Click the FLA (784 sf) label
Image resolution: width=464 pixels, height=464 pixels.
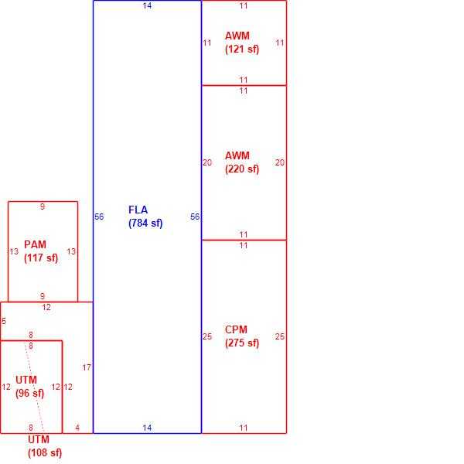[x=145, y=217]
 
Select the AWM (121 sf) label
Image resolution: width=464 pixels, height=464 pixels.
[x=242, y=43]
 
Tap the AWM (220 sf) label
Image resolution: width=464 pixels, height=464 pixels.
[x=242, y=162]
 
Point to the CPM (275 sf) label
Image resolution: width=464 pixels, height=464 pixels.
[x=242, y=336]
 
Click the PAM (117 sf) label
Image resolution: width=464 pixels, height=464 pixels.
[x=41, y=251]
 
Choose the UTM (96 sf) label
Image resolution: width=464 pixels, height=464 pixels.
[x=29, y=387]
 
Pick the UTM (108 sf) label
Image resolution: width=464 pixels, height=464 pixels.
[x=45, y=446]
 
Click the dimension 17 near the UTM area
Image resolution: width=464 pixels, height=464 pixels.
[x=87, y=367]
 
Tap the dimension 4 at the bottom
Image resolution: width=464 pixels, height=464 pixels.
[x=77, y=428]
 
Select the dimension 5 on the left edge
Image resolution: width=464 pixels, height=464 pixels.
[x=4, y=321]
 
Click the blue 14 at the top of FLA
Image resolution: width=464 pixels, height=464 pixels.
[x=147, y=5]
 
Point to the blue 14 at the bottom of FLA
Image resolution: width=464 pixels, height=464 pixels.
[x=147, y=428]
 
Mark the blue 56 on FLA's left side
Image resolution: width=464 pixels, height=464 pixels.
[x=99, y=217]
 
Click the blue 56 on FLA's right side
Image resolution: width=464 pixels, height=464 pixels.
[x=195, y=217]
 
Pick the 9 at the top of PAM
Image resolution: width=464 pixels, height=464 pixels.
[x=43, y=206]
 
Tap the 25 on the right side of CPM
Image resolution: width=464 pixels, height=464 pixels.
[x=280, y=336]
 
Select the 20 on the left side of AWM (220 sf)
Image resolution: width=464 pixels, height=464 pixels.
[x=207, y=162]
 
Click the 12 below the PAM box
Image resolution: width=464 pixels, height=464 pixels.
[x=46, y=307]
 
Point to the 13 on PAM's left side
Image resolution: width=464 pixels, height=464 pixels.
[x=14, y=251]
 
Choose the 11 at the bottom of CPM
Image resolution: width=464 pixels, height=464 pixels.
[x=244, y=428]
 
